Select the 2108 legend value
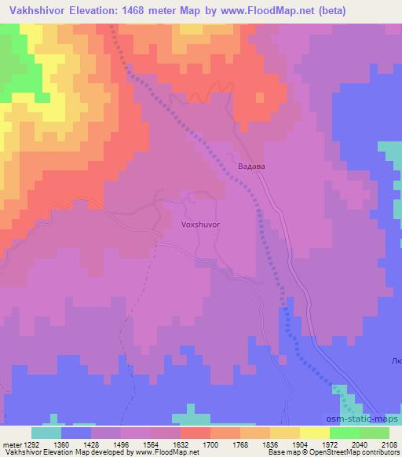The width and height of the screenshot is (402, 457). tap(389, 444)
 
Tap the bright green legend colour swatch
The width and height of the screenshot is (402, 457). tap(345, 433)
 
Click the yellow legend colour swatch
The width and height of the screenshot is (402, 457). tap(315, 433)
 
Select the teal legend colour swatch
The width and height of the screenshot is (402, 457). tap(46, 433)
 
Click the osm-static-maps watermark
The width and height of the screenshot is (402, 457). tap(368, 422)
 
